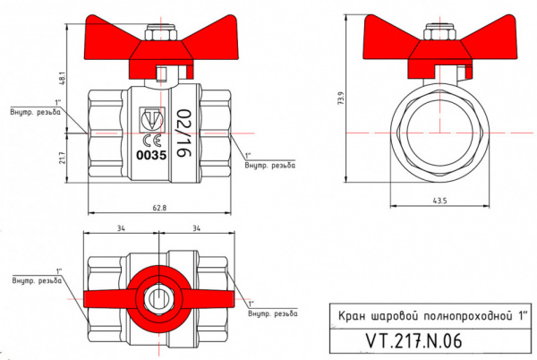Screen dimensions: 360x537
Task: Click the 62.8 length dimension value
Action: pos(159,208)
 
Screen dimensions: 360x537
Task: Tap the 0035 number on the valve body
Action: pos(149,154)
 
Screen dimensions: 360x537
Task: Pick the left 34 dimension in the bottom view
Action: pos(120,229)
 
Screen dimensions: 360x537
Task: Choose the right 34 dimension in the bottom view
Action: pos(195,229)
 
